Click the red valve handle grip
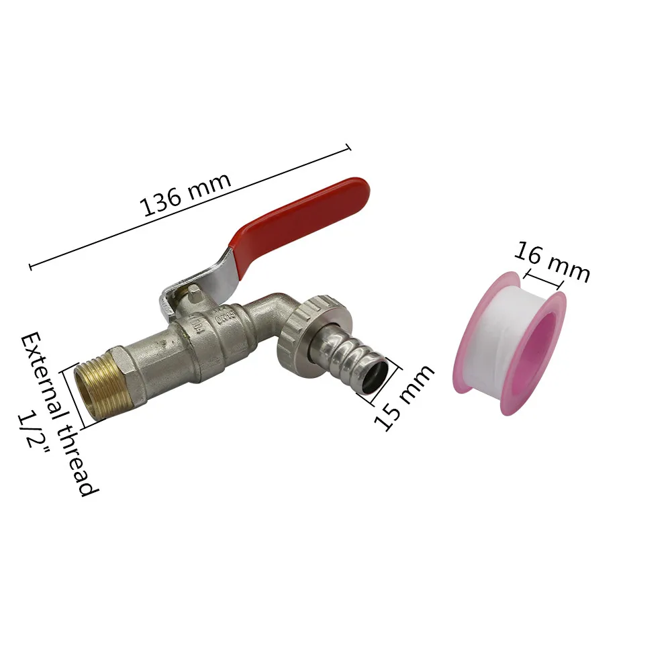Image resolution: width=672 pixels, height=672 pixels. (300, 226)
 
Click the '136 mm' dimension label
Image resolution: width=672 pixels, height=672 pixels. (185, 194)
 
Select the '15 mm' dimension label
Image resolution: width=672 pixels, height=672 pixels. (403, 397)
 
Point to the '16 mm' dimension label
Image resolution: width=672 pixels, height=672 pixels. (552, 262)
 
